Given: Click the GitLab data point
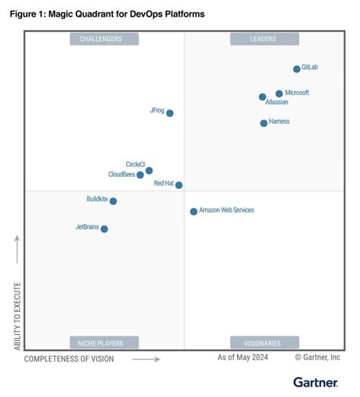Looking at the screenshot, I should click(x=297, y=69).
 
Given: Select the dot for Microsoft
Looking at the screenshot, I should click(x=279, y=93).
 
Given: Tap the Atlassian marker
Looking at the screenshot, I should click(x=263, y=97).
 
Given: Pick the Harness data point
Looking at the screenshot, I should click(x=264, y=123).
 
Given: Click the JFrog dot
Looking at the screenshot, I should click(x=170, y=113).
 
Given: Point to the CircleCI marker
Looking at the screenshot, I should click(x=149, y=171).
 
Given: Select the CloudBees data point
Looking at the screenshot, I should click(x=141, y=175).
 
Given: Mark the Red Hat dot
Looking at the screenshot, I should click(x=179, y=184).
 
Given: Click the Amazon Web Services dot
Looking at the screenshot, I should click(x=194, y=212).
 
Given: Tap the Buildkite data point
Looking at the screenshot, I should click(x=113, y=201).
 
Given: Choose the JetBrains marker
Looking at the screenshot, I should click(x=104, y=228).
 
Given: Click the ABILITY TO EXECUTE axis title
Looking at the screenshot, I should click(x=17, y=316).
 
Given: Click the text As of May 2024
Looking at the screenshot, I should click(x=244, y=357).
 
